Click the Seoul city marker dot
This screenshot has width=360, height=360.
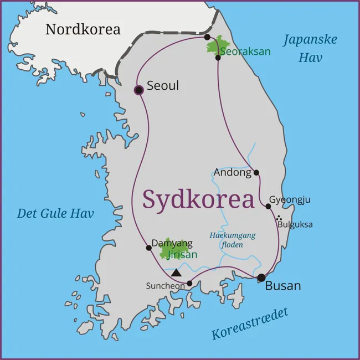[x=139, y=90]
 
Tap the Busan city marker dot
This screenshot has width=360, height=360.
[x=261, y=277]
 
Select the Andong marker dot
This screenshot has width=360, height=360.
[x=256, y=172]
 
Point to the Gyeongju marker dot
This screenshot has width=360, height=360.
[x=268, y=206]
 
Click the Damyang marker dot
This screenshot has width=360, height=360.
[x=148, y=248]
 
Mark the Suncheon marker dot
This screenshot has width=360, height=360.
[x=189, y=283]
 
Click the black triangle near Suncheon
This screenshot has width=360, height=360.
[x=176, y=272]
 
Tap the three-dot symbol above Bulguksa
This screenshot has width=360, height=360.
[x=279, y=218]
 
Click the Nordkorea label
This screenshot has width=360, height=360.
[x=83, y=29]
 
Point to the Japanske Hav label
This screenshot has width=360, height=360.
[x=310, y=48]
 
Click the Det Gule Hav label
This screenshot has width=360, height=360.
[x=55, y=214]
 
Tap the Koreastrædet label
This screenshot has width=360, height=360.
[x=250, y=325]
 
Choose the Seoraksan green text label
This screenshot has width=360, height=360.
[x=245, y=52]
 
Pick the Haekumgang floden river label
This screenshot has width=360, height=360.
[x=233, y=239]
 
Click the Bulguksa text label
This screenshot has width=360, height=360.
[x=295, y=224]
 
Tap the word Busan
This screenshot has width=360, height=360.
[x=283, y=286]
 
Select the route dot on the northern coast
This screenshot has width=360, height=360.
[x=207, y=37]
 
